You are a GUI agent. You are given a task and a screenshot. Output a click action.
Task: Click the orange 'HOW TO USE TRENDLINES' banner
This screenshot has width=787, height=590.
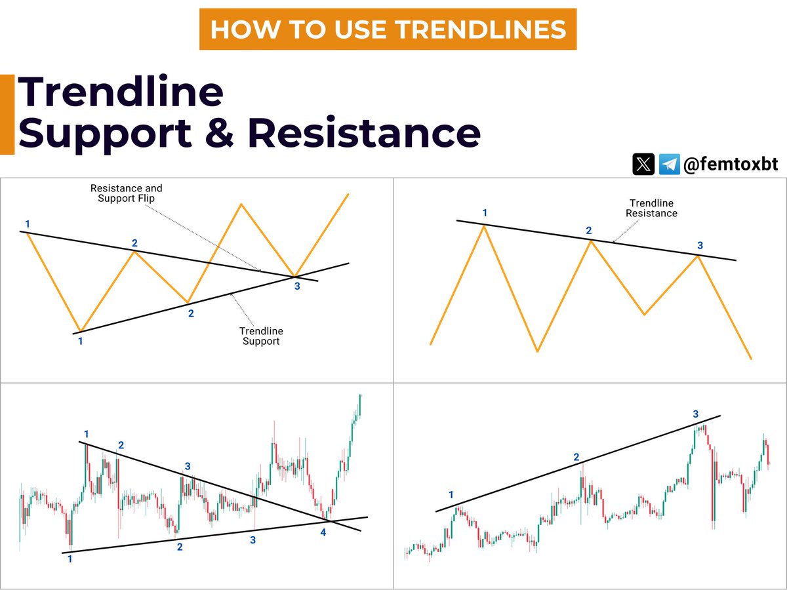388,29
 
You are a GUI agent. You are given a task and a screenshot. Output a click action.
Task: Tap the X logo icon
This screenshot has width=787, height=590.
643,164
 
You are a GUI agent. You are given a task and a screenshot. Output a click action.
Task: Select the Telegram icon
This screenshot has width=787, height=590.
669,164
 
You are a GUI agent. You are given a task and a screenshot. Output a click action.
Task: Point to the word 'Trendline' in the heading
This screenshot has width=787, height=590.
121,92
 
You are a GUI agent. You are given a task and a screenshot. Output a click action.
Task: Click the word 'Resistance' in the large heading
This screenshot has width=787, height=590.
364,133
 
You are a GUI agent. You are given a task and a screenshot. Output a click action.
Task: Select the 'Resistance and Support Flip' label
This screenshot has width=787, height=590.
126,193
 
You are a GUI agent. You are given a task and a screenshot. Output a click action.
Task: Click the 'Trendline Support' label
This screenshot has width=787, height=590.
261,336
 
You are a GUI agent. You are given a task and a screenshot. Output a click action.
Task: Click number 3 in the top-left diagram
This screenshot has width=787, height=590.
297,286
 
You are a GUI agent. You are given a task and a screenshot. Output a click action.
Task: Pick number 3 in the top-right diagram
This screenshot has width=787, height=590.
700,245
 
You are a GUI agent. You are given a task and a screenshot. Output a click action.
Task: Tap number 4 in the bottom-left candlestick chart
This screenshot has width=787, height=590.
323,532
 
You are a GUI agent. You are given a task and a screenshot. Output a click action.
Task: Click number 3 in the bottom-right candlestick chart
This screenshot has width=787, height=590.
696,414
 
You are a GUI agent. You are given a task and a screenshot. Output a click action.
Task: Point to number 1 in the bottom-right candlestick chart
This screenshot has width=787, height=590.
451,494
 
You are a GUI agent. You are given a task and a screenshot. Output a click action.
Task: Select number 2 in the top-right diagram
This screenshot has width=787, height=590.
588,230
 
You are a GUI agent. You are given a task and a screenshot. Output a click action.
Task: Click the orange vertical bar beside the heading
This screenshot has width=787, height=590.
7,115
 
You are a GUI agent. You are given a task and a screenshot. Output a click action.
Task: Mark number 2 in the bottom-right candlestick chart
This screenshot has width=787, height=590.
576,457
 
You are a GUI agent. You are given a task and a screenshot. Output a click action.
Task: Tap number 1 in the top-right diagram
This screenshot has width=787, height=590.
485,213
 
